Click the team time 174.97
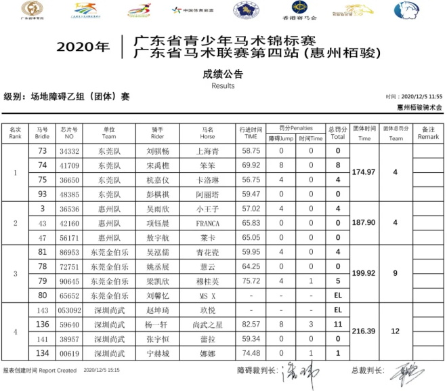(x=364, y=173)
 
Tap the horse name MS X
(x=205, y=295)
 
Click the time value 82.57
(x=251, y=324)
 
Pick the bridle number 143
(x=42, y=310)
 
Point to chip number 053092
(x=70, y=310)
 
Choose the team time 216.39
(x=364, y=331)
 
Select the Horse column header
(x=207, y=132)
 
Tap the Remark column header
(x=428, y=132)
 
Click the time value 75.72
(x=251, y=281)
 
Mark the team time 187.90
(x=364, y=222)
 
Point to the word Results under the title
(x=223, y=86)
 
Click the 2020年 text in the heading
(x=83, y=47)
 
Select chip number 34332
(x=70, y=151)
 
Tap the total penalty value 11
(x=337, y=324)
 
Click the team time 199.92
(x=364, y=273)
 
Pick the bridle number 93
(x=42, y=194)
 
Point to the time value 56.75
(x=251, y=180)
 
